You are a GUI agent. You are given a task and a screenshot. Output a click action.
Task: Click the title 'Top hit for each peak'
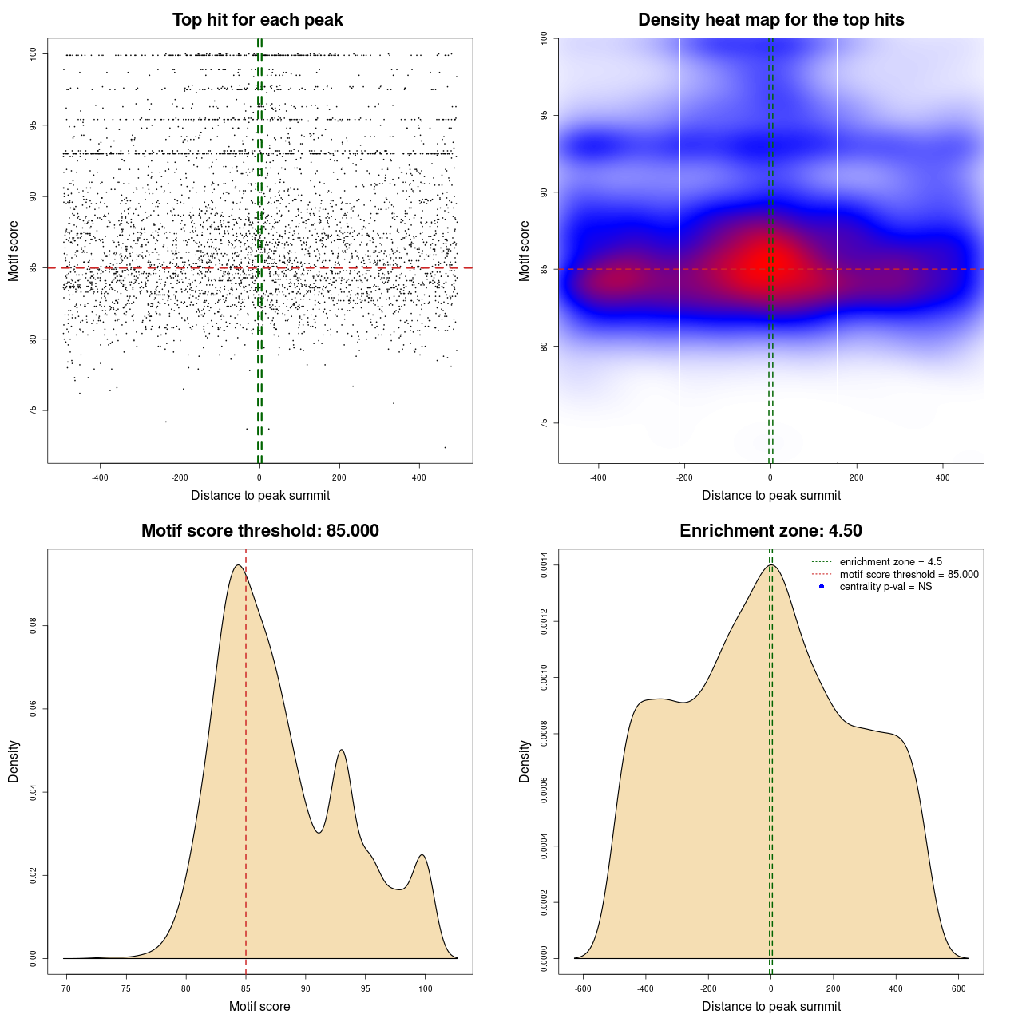point(257,20)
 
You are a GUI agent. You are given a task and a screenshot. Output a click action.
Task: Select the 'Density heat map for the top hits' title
point(770,20)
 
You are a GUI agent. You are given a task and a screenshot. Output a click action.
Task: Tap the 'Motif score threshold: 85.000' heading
point(259,531)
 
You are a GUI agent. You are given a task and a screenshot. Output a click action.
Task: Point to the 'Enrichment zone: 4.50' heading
point(770,531)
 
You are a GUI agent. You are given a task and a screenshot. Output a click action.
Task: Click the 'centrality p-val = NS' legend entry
point(885,587)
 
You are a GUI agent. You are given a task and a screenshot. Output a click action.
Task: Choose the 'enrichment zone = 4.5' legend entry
point(890,562)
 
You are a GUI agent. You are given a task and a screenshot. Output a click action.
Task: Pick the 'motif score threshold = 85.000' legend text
point(909,575)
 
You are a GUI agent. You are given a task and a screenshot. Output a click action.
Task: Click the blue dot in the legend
point(822,587)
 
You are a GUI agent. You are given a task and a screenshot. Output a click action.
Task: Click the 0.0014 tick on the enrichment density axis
point(544,566)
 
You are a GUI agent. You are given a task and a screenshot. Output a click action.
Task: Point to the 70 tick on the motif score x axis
point(66,988)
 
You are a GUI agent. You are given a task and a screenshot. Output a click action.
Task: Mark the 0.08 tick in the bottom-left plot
point(33,626)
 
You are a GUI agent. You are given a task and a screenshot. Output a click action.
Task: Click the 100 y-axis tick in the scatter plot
point(33,54)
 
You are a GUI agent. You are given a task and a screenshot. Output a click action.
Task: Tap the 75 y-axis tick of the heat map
point(544,423)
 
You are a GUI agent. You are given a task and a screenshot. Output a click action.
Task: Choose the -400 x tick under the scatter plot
point(100,477)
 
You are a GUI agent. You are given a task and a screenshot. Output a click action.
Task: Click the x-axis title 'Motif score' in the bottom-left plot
point(259,1007)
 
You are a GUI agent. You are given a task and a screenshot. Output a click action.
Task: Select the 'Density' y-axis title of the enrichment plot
point(525,761)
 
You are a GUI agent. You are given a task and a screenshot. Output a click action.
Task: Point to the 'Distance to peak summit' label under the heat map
point(770,496)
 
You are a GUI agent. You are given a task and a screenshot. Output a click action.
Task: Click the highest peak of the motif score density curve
point(237,565)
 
